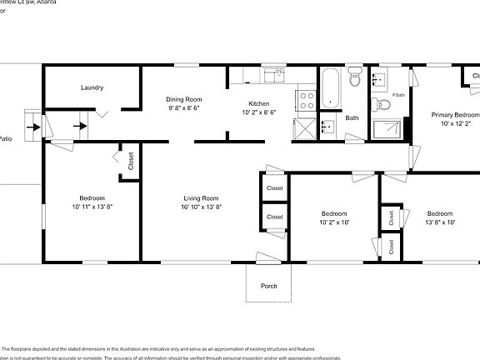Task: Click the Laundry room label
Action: click(x=92, y=87)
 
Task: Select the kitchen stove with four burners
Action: click(x=307, y=101)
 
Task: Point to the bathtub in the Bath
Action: click(x=331, y=87)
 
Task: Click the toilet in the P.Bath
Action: click(x=383, y=103)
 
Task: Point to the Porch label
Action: click(x=268, y=286)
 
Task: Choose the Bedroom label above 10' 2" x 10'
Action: click(x=333, y=213)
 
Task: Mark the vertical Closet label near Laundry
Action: click(x=132, y=160)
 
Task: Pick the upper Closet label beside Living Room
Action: click(x=274, y=188)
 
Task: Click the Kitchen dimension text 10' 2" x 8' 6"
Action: click(x=259, y=112)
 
